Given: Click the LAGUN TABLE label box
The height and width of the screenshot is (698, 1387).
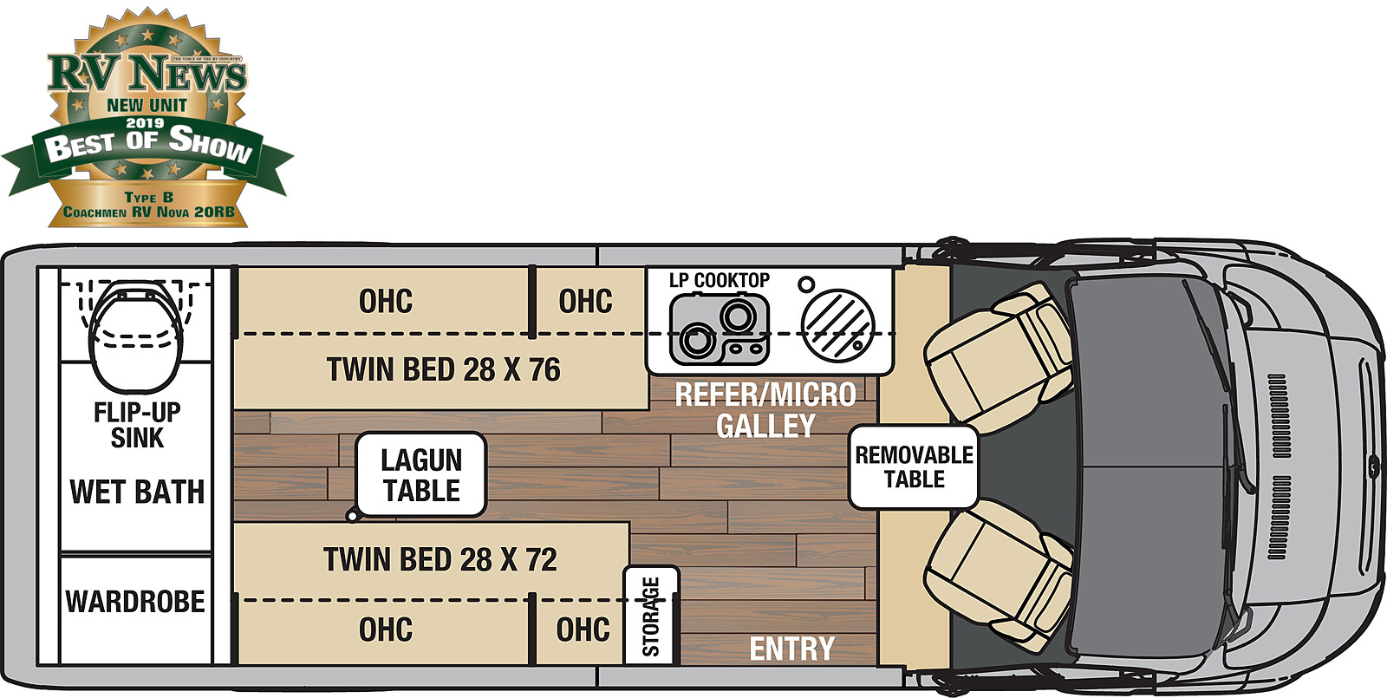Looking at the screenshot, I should [421, 475].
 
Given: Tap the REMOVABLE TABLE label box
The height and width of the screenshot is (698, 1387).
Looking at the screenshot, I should [914, 466].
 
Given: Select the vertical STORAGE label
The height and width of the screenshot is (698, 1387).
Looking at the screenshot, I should [651, 616].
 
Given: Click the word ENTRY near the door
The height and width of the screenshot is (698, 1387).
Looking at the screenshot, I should [791, 649].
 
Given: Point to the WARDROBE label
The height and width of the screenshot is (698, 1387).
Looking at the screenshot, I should [135, 602].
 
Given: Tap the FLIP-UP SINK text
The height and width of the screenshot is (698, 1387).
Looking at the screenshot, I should [137, 425].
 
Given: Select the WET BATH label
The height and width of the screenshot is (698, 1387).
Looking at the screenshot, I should [137, 492].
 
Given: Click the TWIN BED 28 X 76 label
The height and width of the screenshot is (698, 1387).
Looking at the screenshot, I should [443, 370].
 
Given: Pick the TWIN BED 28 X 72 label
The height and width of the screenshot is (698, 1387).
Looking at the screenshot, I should [440, 559].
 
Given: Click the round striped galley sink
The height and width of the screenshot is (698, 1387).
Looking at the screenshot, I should [837, 323].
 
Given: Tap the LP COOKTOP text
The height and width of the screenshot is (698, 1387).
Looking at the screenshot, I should [719, 280].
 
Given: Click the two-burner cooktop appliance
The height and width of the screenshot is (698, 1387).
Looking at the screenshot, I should [720, 329].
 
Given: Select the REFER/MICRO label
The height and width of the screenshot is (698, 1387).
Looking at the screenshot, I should [765, 395].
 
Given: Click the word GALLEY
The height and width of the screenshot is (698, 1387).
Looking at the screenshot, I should [765, 426].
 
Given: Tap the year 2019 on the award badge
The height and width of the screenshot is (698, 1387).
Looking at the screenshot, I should [145, 123].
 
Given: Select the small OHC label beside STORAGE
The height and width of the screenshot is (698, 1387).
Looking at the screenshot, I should [583, 630].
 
